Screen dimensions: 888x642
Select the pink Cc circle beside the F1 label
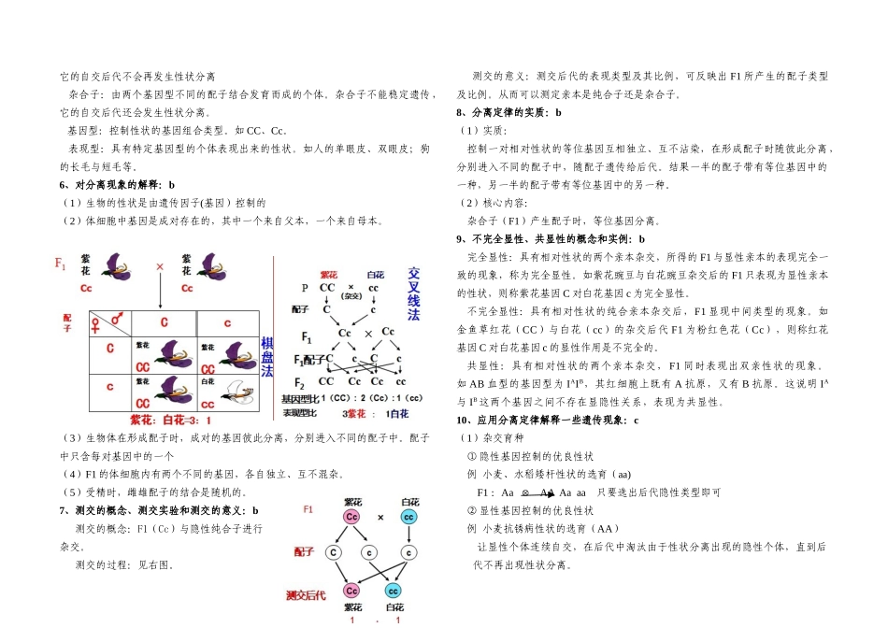pyautogui.click(x=351, y=516)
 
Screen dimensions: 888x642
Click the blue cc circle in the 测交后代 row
pyautogui.click(x=393, y=591)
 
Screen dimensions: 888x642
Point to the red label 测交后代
pyautogui.click(x=307, y=594)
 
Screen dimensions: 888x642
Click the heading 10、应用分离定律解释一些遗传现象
pyautogui.click(x=548, y=421)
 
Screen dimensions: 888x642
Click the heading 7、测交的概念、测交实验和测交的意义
pyautogui.click(x=159, y=510)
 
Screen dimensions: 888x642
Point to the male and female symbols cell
pyautogui.click(x=107, y=322)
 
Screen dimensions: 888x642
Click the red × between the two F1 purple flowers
pyautogui.click(x=160, y=267)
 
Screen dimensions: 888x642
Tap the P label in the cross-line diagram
pyautogui.click(x=304, y=288)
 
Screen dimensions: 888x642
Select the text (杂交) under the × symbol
pyautogui.click(x=351, y=296)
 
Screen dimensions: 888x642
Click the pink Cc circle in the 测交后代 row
pyautogui.click(x=351, y=591)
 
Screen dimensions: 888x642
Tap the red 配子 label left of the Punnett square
pyautogui.click(x=67, y=322)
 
